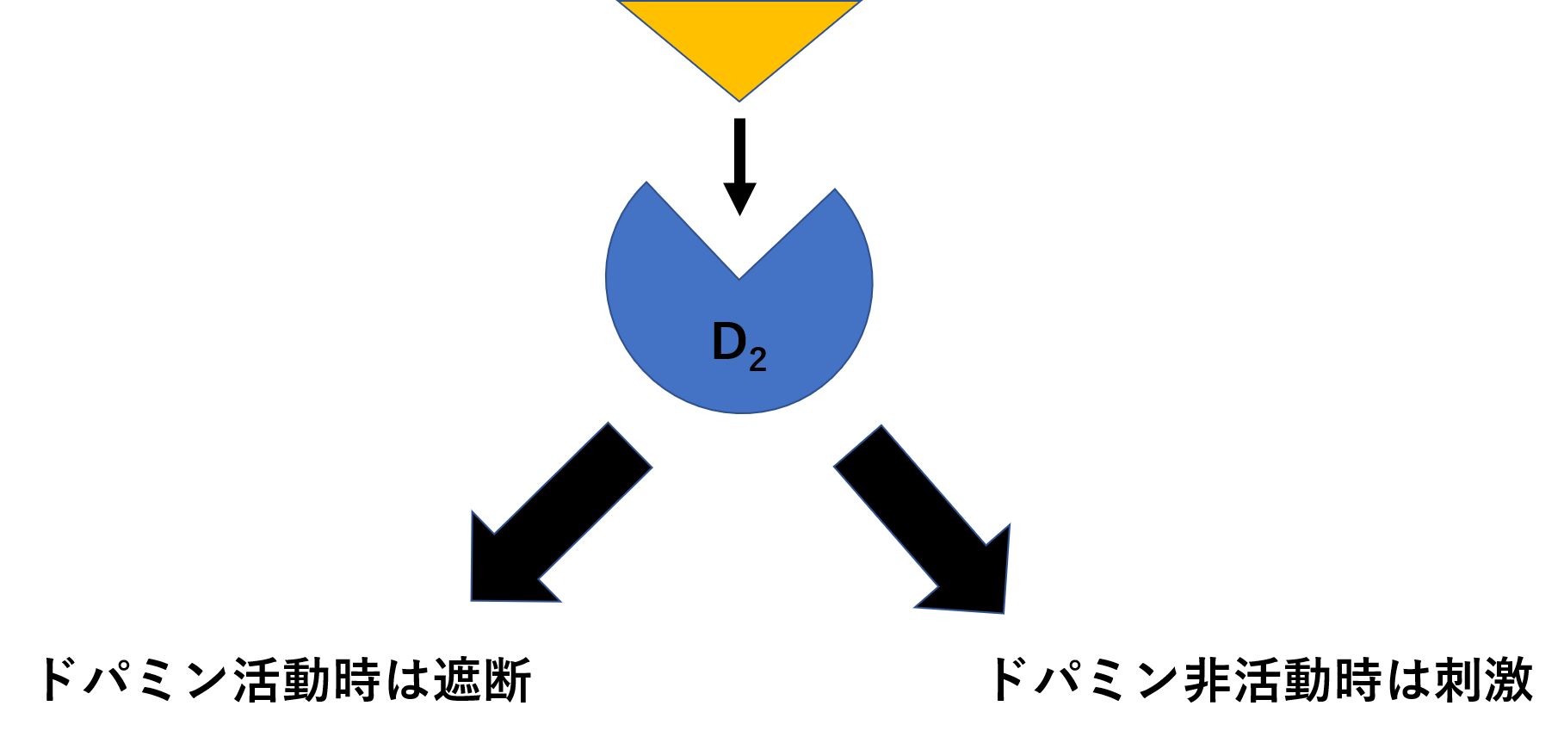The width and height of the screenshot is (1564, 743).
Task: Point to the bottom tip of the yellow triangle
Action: click(x=739, y=101)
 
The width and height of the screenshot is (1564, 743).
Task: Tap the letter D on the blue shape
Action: click(x=729, y=343)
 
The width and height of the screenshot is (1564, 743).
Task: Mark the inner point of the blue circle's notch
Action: click(x=739, y=278)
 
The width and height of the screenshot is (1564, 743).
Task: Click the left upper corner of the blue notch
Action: click(x=647, y=183)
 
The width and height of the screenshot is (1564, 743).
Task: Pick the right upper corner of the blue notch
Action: click(x=835, y=189)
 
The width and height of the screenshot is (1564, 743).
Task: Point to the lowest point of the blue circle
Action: click(x=740, y=413)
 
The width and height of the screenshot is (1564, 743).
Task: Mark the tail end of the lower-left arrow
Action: click(x=630, y=445)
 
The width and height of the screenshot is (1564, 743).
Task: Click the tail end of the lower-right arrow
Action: click(x=857, y=446)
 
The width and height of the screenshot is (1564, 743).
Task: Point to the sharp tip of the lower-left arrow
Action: click(x=472, y=600)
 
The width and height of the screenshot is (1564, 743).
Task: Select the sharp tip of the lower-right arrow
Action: click(x=1004, y=613)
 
